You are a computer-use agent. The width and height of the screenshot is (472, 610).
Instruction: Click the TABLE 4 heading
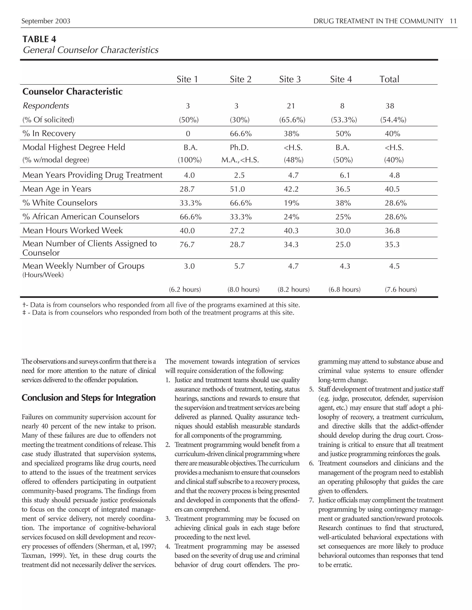pyautogui.click(x=39, y=39)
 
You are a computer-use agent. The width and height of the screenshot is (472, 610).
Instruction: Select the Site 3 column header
pyautogui.click(x=290, y=79)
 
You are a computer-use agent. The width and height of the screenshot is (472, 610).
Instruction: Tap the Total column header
pyautogui.click(x=389, y=79)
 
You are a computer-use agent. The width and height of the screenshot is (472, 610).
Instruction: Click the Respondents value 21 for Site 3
pyautogui.click(x=291, y=106)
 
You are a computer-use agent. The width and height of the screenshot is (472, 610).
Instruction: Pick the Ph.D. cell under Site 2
pyautogui.click(x=239, y=148)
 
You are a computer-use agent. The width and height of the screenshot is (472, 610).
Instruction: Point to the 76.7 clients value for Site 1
pyautogui.click(x=187, y=245)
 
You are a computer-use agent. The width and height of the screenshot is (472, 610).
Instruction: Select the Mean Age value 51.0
pyautogui.click(x=237, y=189)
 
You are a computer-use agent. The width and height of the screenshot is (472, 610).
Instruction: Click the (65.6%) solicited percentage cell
pyautogui.click(x=292, y=120)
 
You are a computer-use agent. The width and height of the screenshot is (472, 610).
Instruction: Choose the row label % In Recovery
pyautogui.click(x=49, y=134)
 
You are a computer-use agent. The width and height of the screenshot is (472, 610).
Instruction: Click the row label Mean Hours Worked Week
pyautogui.click(x=72, y=230)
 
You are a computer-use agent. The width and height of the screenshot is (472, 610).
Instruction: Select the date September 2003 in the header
pyautogui.click(x=46, y=21)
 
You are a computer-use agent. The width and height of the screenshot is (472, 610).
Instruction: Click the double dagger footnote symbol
pyautogui.click(x=24, y=313)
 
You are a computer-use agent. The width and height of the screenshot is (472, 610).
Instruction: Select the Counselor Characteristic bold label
pyautogui.click(x=72, y=92)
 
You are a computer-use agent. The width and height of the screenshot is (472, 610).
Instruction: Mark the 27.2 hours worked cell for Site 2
pyautogui.click(x=237, y=231)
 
